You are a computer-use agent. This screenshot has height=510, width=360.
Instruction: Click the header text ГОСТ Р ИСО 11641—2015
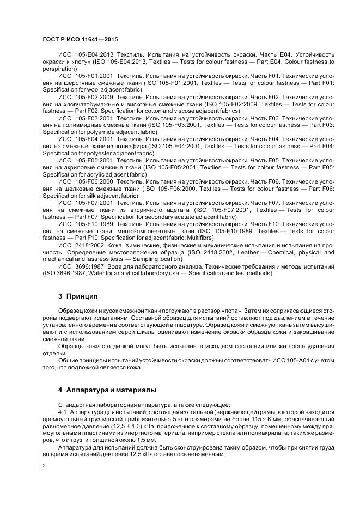tap(80, 39)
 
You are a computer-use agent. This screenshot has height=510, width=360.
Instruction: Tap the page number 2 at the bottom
tap(44, 466)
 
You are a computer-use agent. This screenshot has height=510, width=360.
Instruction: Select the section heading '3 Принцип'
tap(77, 296)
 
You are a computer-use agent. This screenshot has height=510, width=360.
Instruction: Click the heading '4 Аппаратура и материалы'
tap(107, 390)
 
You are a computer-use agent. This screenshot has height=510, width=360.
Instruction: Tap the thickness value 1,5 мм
tap(147, 439)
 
